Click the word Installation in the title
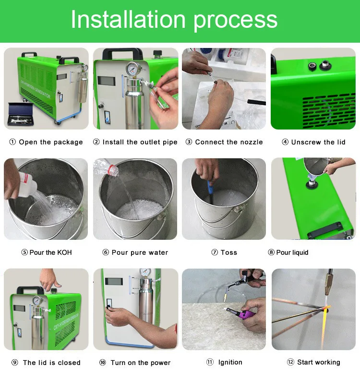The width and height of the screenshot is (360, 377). (x=128, y=19)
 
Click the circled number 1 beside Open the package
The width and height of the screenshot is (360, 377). (x=12, y=142)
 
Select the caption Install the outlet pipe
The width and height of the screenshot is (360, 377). (x=140, y=142)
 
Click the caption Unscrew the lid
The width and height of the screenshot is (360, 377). (x=318, y=142)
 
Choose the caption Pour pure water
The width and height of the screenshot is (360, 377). (x=140, y=253)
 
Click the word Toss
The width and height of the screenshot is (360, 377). (x=229, y=252)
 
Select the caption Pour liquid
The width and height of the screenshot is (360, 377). (x=292, y=252)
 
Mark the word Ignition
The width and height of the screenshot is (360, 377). (x=230, y=362)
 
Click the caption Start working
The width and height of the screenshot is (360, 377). (x=319, y=362)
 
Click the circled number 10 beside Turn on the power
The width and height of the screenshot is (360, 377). (x=103, y=362)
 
